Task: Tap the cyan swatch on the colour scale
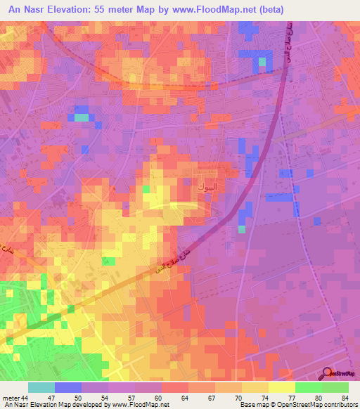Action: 41,387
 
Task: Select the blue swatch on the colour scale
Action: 68,387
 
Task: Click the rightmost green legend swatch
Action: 335,387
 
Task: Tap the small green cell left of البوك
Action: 146,188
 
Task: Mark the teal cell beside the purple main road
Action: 242,228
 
